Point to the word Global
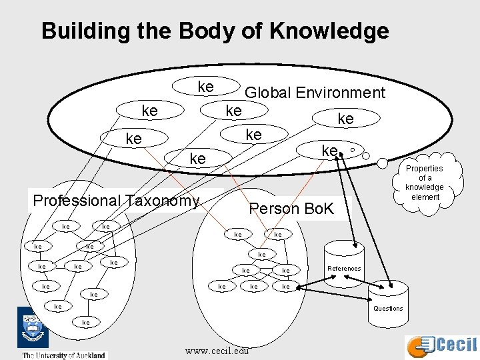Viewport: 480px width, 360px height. (x=269, y=93)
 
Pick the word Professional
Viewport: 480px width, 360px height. (x=76, y=201)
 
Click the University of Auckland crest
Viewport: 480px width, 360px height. (x=32, y=328)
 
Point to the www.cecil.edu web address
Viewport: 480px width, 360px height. (x=217, y=351)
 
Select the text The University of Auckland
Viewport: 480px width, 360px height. (x=64, y=355)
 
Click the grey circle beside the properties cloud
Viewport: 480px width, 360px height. (x=382, y=162)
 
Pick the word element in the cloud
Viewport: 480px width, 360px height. (x=425, y=197)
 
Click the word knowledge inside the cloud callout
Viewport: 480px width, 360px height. (x=425, y=187)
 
